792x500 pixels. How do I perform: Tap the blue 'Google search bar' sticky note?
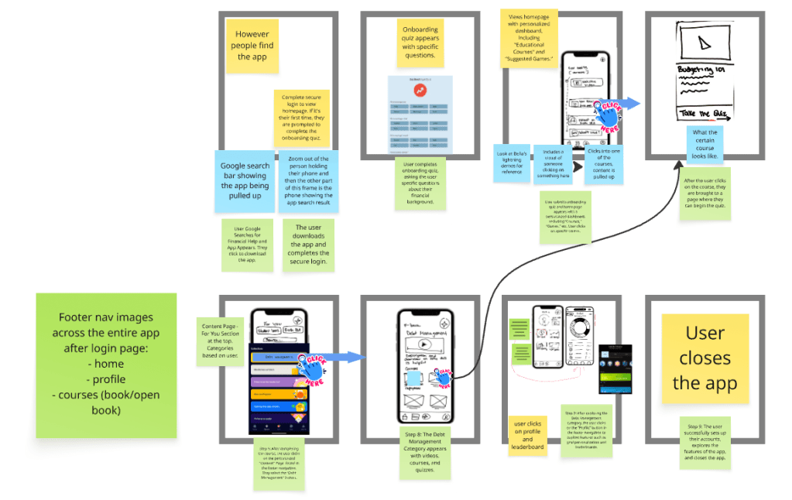244,180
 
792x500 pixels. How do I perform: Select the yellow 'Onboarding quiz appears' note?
420,43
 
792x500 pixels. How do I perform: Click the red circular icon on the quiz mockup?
420,91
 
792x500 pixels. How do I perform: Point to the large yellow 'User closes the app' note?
705,358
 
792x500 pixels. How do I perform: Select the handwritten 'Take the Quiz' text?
705,114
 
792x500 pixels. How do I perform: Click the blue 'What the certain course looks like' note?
705,145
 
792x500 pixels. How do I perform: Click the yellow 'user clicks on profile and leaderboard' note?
527,435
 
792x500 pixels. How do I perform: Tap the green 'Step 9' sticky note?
705,441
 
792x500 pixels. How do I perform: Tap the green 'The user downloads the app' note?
307,244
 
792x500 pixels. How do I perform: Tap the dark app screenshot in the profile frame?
615,370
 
